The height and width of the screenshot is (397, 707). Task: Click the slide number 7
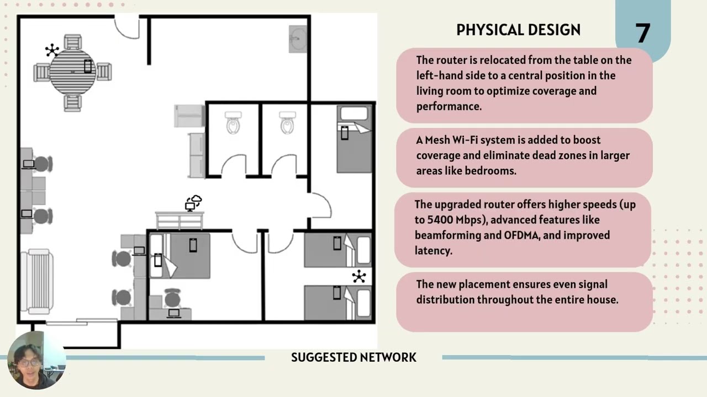642,34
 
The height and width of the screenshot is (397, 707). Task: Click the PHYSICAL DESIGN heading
518,30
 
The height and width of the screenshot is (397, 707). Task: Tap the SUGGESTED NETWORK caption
353,357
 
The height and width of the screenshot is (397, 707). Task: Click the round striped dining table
72,72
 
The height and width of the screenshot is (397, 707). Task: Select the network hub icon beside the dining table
52,51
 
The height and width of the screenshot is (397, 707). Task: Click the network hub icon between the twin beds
359,277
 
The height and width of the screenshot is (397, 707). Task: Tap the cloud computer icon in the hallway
193,203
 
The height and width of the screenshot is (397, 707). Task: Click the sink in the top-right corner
297,39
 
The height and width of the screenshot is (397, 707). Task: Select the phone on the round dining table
87,66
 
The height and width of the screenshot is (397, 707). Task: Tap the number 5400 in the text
441,220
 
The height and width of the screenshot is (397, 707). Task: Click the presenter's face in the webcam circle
30,361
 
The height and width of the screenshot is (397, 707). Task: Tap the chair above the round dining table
72,42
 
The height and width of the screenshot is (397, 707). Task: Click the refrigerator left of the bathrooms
189,116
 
